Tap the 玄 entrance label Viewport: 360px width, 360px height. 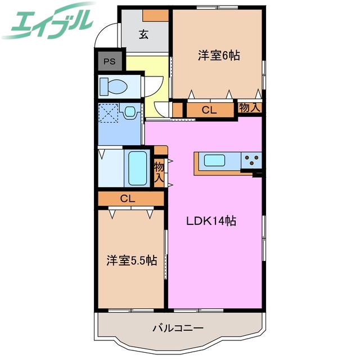[143, 35]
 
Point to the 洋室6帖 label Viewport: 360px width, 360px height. [218, 55]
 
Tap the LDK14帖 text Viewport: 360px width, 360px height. [211, 221]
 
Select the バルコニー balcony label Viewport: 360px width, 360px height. [177, 327]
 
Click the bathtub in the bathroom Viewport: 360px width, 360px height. [137, 167]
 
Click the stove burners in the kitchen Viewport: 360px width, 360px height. [251, 160]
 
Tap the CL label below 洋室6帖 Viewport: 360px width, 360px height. [209, 110]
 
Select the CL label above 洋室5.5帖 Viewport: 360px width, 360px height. [127, 198]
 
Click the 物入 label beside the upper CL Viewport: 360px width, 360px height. [249, 108]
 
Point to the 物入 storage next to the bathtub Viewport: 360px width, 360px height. [159, 171]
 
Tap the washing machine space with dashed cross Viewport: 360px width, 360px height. [108, 114]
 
